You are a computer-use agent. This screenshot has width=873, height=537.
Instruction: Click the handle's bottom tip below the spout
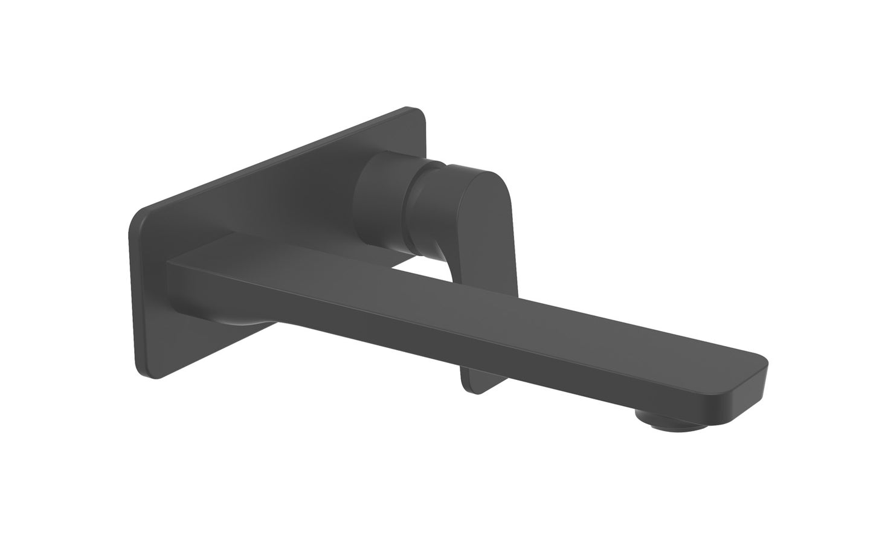[477, 384]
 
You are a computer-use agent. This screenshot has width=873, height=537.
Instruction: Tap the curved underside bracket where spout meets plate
[242, 320]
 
